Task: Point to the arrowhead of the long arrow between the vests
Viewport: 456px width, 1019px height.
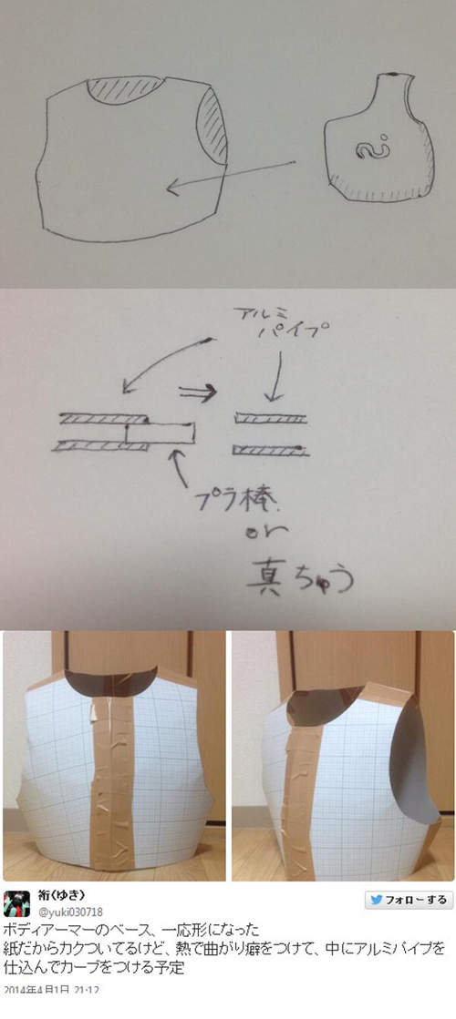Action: (x=171, y=189)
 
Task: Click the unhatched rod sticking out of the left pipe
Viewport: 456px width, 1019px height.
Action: (x=161, y=433)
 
